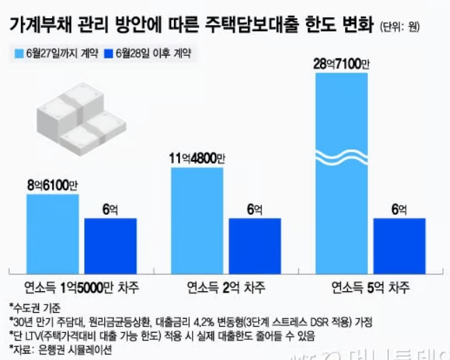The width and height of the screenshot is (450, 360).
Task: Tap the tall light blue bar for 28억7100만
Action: pyautogui.click(x=341, y=167)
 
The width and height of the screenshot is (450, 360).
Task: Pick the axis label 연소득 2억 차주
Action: pyautogui.click(x=225, y=286)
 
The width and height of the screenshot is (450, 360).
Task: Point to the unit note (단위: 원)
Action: pyautogui.click(x=405, y=28)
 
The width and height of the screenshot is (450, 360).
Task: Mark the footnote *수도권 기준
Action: pyautogui.click(x=35, y=306)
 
